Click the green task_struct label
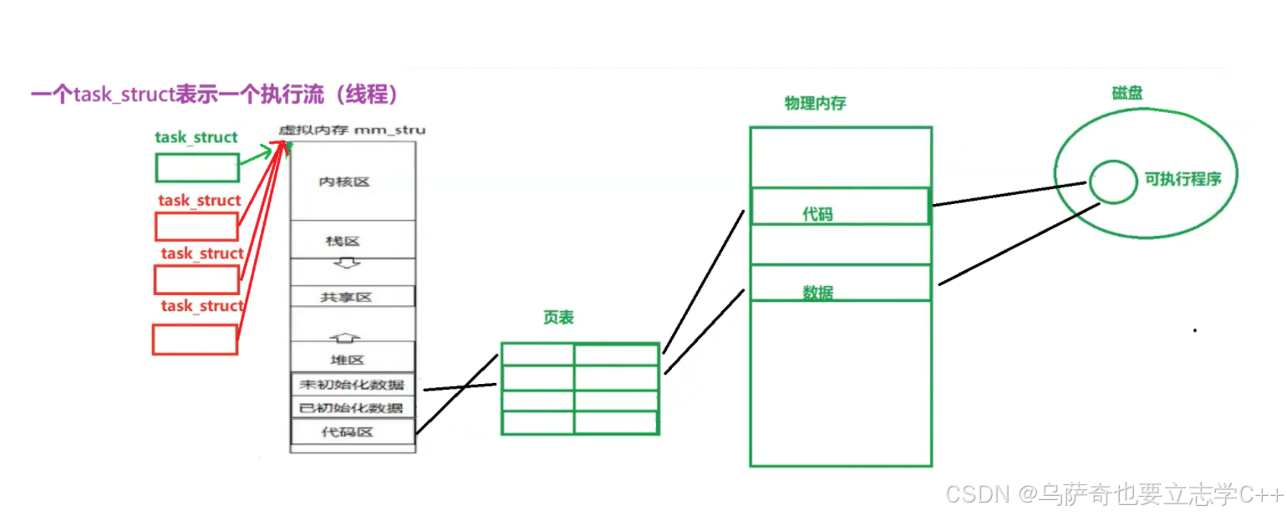(196, 137)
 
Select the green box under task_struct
(197, 168)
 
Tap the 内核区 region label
(343, 181)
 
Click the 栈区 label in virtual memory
(343, 241)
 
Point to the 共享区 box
(352, 297)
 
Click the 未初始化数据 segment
(352, 385)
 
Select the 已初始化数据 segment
(352, 408)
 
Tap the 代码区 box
(352, 432)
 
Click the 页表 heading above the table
(558, 318)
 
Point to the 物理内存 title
(815, 104)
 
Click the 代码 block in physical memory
(840, 207)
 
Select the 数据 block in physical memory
(840, 283)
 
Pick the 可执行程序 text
(1183, 179)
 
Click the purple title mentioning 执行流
(214, 95)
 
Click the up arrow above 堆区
(346, 337)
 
